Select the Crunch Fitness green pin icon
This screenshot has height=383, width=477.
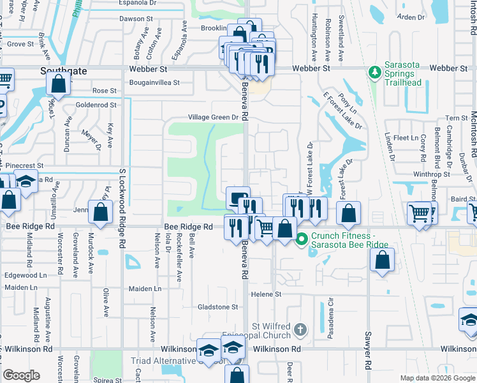click(x=302, y=239)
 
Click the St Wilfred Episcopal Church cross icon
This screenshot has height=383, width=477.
click(x=301, y=330)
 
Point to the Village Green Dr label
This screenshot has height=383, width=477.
click(x=212, y=117)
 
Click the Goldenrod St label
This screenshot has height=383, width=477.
click(x=96, y=105)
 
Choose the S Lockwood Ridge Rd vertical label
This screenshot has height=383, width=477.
click(x=121, y=199)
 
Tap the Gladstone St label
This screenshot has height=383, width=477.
click(x=217, y=307)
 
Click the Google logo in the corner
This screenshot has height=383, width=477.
click(x=22, y=375)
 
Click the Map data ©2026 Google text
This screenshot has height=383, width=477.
click(x=437, y=378)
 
